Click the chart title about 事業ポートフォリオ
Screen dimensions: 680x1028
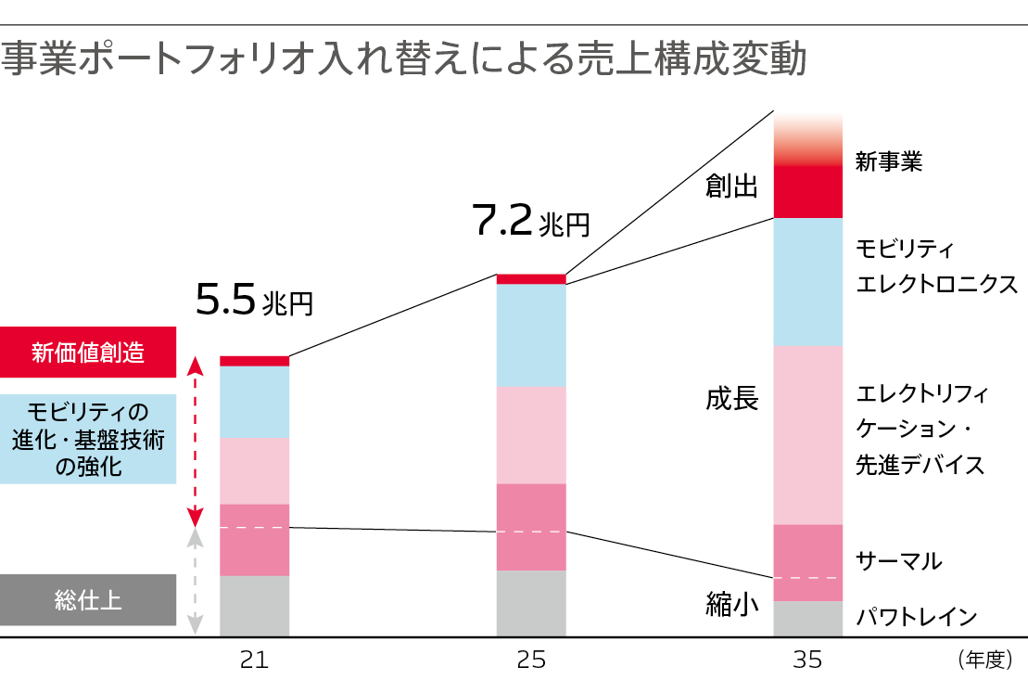pos(404,58)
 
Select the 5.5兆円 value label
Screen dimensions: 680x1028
pos(254,300)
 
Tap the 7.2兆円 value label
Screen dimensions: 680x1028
pos(530,220)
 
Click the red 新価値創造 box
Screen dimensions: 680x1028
pos(88,353)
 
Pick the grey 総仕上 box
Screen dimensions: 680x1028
pos(88,599)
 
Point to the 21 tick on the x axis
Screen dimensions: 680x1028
pos(254,660)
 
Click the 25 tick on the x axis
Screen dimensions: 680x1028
pos(531,660)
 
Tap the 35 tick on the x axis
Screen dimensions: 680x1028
pos(807,660)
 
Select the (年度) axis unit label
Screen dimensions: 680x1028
pos(982,660)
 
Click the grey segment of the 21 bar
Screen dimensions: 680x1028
pos(254,606)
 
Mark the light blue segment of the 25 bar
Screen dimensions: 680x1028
pos(531,335)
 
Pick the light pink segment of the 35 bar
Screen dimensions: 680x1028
pos(807,435)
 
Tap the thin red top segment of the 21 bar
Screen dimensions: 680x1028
pos(254,361)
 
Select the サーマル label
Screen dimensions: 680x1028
pos(898,560)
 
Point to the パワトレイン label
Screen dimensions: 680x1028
pos(916,616)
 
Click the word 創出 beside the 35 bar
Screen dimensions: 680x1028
pos(731,186)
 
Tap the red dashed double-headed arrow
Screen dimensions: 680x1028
pos(195,441)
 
